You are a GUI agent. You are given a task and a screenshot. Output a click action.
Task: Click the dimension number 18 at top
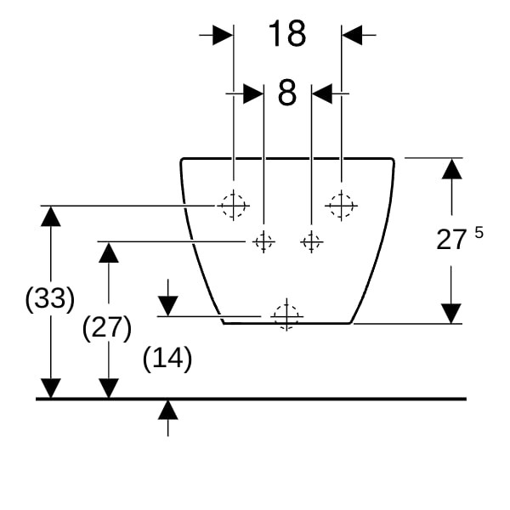click(x=287, y=33)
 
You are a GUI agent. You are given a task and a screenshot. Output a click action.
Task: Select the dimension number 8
click(x=287, y=93)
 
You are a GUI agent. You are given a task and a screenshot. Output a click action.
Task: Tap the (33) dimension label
click(x=50, y=298)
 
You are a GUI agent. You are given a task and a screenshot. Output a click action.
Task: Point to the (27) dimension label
click(x=107, y=328)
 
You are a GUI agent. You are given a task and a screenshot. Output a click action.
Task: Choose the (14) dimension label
click(x=167, y=359)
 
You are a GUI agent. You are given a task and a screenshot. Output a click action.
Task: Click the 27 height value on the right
click(x=450, y=240)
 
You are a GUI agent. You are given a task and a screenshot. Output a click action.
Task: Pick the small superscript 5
click(x=479, y=232)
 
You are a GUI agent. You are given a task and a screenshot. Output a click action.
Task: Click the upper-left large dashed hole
click(x=233, y=206)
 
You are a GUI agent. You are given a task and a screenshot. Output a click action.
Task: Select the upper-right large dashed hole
click(x=341, y=206)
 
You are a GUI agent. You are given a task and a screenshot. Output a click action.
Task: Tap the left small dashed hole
click(x=263, y=241)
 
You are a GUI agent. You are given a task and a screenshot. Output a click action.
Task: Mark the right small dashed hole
click(x=311, y=241)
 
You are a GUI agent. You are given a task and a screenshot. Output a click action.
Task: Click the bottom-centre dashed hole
click(x=286, y=316)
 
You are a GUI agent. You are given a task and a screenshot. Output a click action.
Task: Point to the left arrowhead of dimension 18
click(x=223, y=35)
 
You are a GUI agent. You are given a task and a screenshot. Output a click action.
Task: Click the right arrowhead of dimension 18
click(x=352, y=35)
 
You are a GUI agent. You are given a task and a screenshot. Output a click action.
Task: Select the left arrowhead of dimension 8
click(x=253, y=93)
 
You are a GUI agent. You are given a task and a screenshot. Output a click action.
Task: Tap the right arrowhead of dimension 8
click(x=321, y=93)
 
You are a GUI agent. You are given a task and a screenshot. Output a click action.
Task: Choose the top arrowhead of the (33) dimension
click(x=51, y=216)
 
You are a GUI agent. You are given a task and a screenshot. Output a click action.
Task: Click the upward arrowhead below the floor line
click(x=167, y=410)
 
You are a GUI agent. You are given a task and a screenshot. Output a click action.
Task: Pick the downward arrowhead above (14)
click(x=167, y=306)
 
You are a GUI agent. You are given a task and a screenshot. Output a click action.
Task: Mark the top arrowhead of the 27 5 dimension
click(x=452, y=168)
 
